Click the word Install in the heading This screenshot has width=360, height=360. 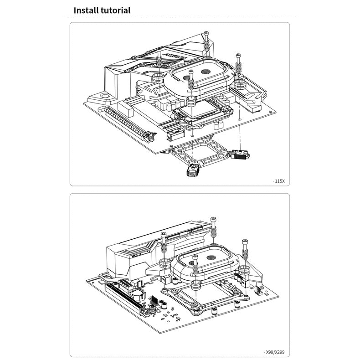86,10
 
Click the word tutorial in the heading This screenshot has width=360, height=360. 116,10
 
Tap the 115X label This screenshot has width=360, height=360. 280,181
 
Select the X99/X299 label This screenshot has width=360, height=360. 275,352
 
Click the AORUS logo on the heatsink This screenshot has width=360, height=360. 175,56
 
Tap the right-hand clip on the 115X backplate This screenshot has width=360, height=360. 239,154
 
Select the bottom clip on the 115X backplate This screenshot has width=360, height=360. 192,170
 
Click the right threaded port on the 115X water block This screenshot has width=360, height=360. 206,72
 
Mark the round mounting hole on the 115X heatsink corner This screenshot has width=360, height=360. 105,96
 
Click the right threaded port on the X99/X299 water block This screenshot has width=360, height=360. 211,257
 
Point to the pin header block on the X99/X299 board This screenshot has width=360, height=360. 154,300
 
